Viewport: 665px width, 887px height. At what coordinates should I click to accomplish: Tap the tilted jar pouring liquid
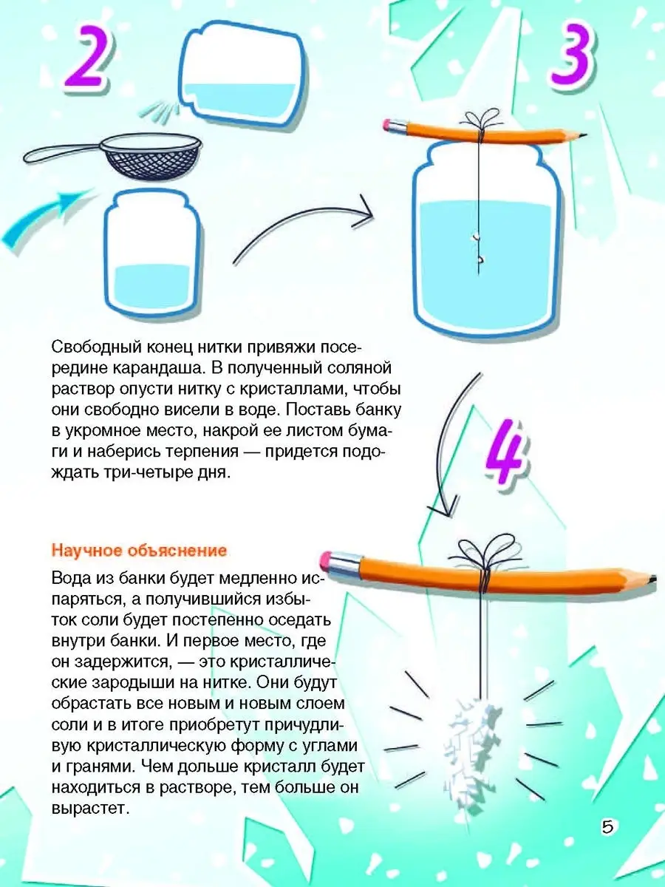[242, 76]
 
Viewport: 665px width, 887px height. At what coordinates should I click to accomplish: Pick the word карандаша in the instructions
[155, 369]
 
